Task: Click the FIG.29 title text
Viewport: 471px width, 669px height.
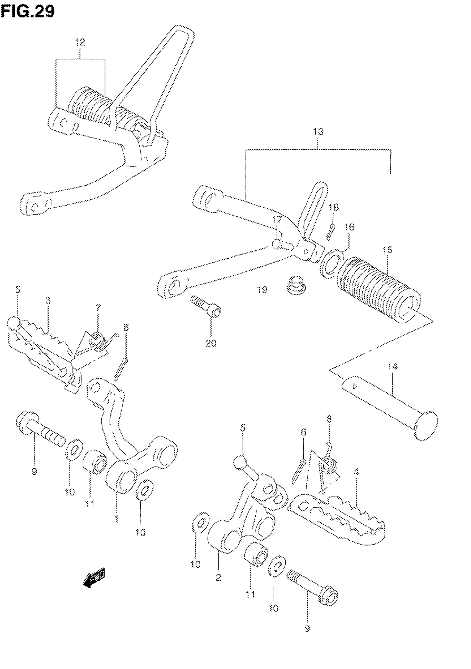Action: [x=27, y=12]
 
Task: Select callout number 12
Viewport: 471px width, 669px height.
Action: [x=80, y=43]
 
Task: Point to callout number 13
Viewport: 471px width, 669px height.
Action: [x=318, y=132]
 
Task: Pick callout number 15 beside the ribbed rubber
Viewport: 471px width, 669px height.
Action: [x=387, y=250]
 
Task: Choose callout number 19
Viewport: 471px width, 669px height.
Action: [x=262, y=290]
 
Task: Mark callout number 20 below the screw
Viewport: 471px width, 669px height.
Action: [x=211, y=343]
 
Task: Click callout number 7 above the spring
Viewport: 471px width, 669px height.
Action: [x=98, y=308]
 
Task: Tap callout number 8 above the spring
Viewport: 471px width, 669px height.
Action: [x=329, y=419]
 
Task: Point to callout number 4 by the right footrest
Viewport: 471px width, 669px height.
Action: [x=356, y=472]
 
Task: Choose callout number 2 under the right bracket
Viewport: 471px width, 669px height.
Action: [x=219, y=577]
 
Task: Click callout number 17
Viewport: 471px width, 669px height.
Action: [x=277, y=219]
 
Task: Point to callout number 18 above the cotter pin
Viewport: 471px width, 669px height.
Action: [x=333, y=207]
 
